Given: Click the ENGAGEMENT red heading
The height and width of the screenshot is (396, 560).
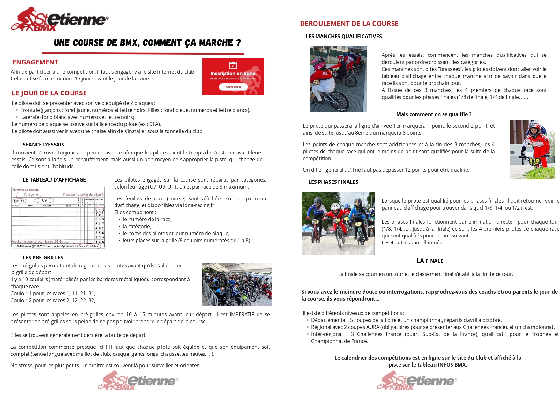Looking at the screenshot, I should pyautogui.click(x=35, y=62).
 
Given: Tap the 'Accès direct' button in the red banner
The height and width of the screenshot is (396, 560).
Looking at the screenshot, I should pyautogui.click(x=233, y=87).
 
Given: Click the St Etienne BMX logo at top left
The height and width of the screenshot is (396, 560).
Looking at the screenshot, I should pyautogui.click(x=60, y=19).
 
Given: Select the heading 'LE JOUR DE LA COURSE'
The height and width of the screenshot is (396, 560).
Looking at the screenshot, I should pyautogui.click(x=49, y=93).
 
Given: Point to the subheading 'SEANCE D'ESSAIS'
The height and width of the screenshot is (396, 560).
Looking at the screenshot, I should pyautogui.click(x=43, y=145).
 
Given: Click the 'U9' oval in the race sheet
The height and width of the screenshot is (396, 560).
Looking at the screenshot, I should pyautogui.click(x=44, y=201).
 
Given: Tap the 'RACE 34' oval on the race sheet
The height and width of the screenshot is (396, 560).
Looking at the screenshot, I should pyautogui.click(x=19, y=201).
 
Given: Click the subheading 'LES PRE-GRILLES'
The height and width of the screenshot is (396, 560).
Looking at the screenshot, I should pyautogui.click(x=43, y=258).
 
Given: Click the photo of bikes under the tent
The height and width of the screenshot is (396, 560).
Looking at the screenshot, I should pyautogui.click(x=236, y=284).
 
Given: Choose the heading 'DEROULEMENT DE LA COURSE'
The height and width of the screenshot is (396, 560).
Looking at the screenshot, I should pyautogui.click(x=349, y=24).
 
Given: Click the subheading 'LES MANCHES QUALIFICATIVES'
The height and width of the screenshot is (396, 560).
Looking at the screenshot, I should pyautogui.click(x=344, y=36).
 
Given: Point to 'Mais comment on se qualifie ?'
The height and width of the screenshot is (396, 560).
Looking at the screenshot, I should pyautogui.click(x=434, y=114).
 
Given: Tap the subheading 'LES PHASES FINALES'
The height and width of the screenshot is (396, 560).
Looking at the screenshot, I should pyautogui.click(x=333, y=182).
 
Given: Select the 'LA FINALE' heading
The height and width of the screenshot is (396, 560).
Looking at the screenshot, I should pyautogui.click(x=429, y=261).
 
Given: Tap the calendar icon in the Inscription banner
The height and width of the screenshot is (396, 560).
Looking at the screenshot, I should pyautogui.click(x=233, y=65).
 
